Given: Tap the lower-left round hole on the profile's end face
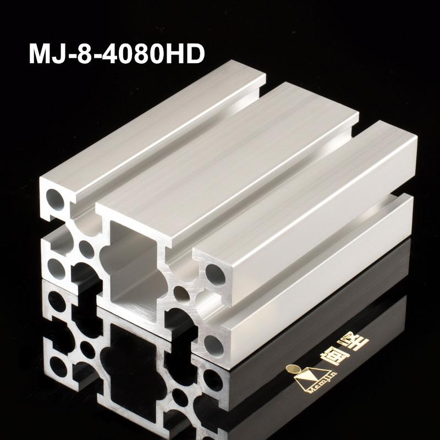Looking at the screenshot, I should [56, 268].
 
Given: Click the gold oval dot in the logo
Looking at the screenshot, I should [293, 370].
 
